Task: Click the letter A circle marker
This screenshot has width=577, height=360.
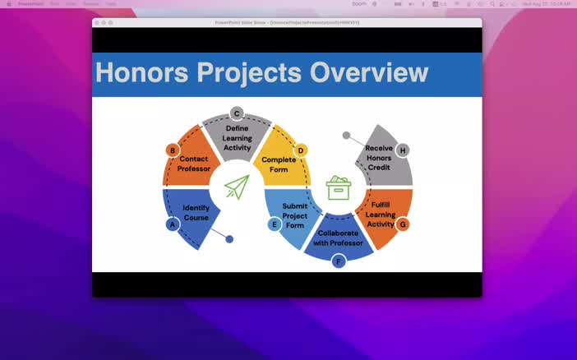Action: (173, 224)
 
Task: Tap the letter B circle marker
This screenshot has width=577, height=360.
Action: (173, 150)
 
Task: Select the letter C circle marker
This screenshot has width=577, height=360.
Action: (237, 113)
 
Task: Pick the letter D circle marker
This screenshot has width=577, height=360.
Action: (301, 150)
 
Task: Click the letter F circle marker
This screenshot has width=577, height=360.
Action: (338, 261)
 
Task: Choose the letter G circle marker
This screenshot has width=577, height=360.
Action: (402, 224)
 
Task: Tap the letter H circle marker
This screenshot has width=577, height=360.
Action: (402, 150)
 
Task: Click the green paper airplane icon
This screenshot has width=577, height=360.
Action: (237, 187)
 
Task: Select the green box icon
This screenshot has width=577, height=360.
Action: (339, 187)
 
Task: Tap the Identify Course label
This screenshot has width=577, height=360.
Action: (196, 213)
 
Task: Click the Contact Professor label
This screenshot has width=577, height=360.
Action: (194, 164)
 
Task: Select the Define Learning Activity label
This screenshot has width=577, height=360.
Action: (237, 138)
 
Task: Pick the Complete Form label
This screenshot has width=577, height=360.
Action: (279, 164)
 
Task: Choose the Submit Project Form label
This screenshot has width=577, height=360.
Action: (294, 215)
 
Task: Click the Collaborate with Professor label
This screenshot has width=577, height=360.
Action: (338, 238)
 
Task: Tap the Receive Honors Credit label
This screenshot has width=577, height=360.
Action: (379, 158)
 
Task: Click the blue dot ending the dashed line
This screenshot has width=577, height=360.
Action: (229, 239)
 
